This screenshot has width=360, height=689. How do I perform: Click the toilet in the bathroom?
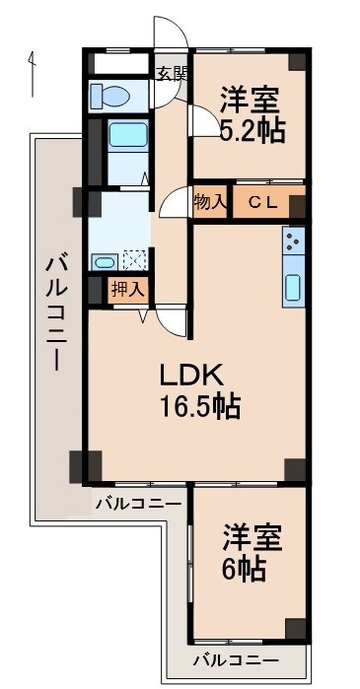point(108,96)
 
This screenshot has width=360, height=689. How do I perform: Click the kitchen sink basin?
point(295,287)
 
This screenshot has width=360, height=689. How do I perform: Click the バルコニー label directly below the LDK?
point(137,504)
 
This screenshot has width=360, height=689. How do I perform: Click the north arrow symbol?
point(33,74)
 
